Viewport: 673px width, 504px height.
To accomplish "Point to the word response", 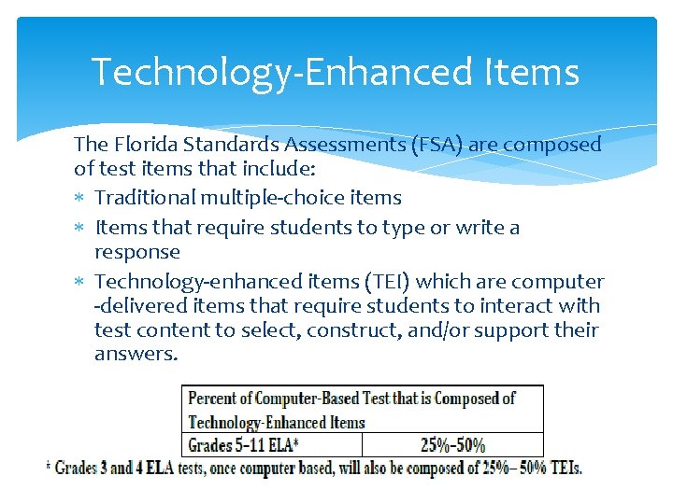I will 136,253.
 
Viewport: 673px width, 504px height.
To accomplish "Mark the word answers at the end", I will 135,355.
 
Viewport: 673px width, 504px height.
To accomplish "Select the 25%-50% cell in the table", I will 452,445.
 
